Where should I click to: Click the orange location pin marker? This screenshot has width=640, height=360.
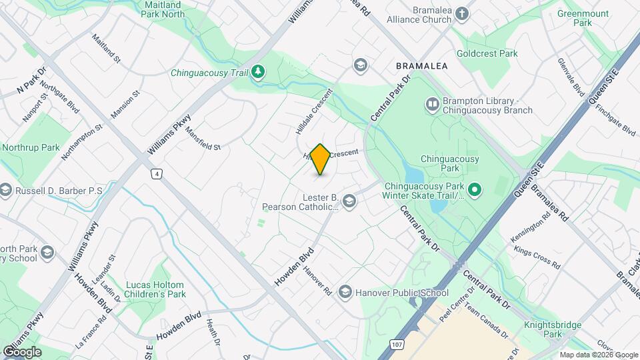321,159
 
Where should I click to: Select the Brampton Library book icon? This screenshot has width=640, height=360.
432,105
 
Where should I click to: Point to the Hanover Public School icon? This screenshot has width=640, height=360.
345,291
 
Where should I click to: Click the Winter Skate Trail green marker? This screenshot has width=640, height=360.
475,190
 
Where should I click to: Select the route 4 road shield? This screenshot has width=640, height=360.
156,174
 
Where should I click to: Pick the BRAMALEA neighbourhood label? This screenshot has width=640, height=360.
421,67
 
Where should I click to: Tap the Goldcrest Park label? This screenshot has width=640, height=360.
487,53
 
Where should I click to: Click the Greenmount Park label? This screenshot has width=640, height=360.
583,17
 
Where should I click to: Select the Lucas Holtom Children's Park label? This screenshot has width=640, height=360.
155,289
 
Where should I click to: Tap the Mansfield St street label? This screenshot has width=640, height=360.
202,139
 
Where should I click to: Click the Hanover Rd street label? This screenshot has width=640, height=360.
317,281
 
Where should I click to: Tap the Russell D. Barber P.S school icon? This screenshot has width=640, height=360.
6,191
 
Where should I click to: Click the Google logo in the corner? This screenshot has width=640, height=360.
21,352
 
